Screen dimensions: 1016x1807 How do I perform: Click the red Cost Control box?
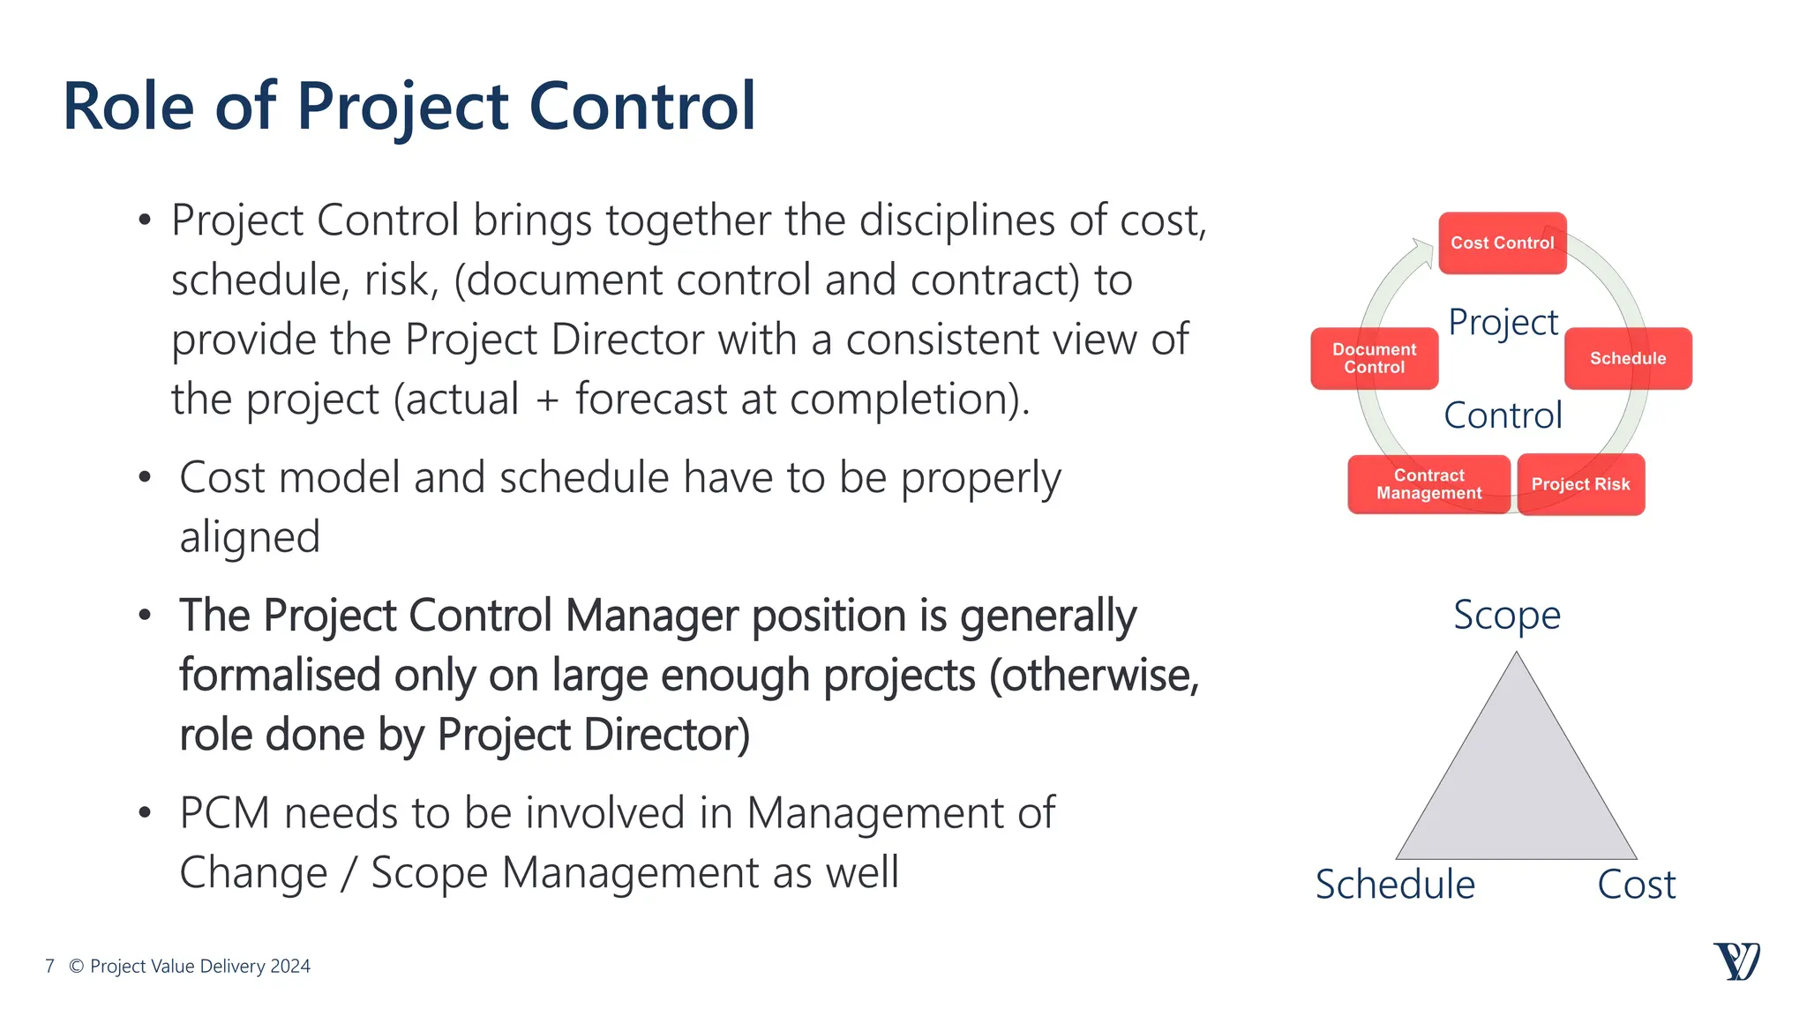point(1502,243)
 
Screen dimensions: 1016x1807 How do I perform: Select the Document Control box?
point(1374,358)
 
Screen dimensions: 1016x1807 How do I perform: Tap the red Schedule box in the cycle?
point(1628,358)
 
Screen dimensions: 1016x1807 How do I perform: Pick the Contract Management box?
point(1428,484)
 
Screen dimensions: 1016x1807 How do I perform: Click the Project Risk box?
point(1580,484)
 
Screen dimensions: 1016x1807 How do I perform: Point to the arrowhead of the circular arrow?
point(1422,250)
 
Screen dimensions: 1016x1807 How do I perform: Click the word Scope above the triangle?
point(1507,616)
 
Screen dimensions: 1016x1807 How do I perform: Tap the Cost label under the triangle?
point(1636,885)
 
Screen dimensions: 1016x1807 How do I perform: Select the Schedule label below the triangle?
point(1395,885)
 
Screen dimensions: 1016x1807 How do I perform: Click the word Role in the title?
point(129,108)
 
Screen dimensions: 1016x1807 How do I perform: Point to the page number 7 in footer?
point(50,967)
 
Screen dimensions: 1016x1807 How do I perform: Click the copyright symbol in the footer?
point(77,967)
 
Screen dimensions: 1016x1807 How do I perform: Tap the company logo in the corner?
point(1736,961)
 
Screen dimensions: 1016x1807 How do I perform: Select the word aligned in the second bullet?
point(250,537)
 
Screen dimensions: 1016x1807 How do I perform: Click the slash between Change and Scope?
point(349,873)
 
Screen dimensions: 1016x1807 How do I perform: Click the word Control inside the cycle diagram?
point(1503,415)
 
